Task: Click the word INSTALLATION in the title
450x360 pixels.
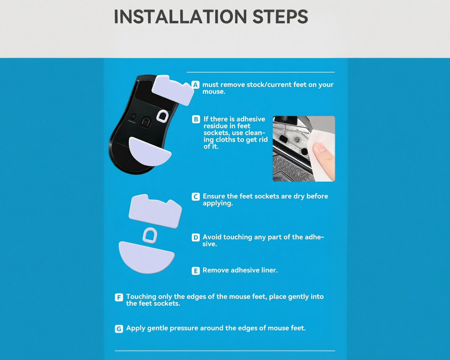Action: point(181,17)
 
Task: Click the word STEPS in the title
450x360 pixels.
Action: point(280,17)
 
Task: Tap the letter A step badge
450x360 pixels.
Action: point(195,85)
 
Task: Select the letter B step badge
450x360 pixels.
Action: point(196,119)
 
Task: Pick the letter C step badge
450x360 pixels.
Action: point(196,197)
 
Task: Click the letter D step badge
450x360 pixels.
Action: point(196,237)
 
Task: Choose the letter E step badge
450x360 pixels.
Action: point(196,271)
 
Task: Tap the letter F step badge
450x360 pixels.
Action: point(119,297)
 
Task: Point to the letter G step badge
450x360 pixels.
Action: point(119,329)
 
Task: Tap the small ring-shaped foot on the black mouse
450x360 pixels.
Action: point(163,116)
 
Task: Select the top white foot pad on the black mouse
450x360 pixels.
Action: point(173,90)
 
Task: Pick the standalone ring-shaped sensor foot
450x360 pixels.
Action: point(150,235)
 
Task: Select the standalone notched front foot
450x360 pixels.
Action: point(155,211)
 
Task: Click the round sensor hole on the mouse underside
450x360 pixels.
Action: point(145,122)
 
